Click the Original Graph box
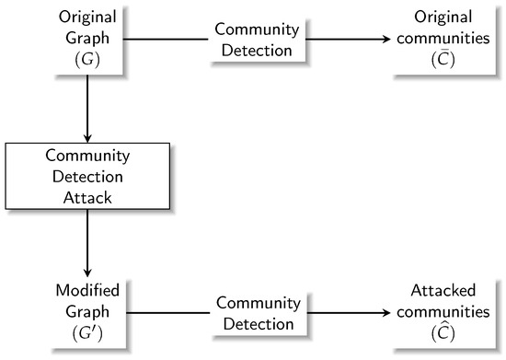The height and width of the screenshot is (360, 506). (x=86, y=40)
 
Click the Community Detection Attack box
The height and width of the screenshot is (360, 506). (x=86, y=175)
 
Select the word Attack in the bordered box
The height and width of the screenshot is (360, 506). (x=86, y=195)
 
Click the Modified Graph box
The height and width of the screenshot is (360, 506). (x=86, y=310)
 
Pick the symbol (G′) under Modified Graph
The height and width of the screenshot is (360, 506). (x=86, y=331)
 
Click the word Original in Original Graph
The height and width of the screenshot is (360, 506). (x=86, y=18)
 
